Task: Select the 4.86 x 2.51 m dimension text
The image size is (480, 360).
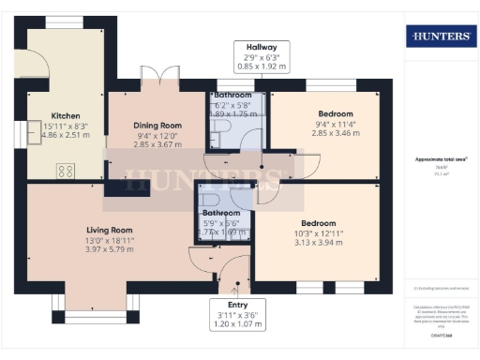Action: pyautogui.click(x=66, y=136)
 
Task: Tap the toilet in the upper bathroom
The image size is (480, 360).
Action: pyautogui.click(x=216, y=139)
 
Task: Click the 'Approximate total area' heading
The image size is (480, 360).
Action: pyautogui.click(x=440, y=160)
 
